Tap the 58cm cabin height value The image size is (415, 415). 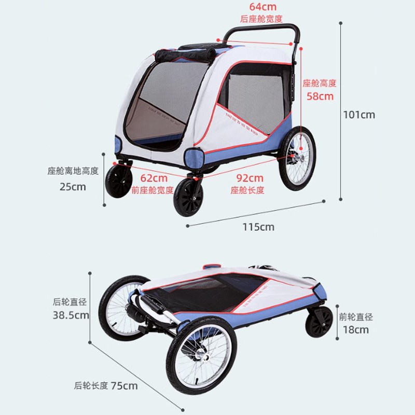319,96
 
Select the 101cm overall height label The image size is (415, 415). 359,115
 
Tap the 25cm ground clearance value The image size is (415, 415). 73,186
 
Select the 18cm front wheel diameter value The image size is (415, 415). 355,329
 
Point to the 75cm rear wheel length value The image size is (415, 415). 124,385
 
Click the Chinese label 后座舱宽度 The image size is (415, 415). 261,19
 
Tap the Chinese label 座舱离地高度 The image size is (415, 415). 73,171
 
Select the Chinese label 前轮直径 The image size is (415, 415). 356,317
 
